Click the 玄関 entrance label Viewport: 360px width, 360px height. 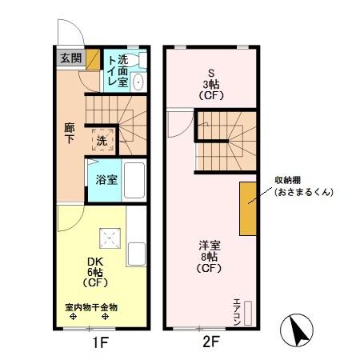[70, 58]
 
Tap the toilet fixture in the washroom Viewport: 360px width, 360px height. [139, 60]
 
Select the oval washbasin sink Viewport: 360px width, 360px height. [138, 82]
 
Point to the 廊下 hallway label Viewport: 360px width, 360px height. [70, 134]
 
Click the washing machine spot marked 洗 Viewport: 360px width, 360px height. [102, 141]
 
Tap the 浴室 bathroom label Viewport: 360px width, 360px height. [106, 180]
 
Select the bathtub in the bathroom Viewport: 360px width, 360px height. [134, 180]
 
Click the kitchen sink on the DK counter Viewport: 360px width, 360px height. [136, 254]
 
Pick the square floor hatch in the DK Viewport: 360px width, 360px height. [110, 238]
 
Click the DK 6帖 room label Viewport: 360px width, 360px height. [95, 272]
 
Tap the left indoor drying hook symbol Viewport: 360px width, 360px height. [73, 317]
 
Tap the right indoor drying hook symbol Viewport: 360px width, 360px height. [106, 317]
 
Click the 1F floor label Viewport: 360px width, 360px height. [101, 342]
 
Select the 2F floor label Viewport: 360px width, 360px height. [211, 342]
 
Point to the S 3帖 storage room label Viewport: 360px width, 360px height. [211, 85]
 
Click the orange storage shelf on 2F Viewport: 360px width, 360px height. [248, 209]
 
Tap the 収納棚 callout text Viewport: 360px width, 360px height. [288, 180]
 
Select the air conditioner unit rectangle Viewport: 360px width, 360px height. [248, 313]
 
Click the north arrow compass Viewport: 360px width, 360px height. [297, 330]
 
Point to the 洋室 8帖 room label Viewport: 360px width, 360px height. [210, 257]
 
